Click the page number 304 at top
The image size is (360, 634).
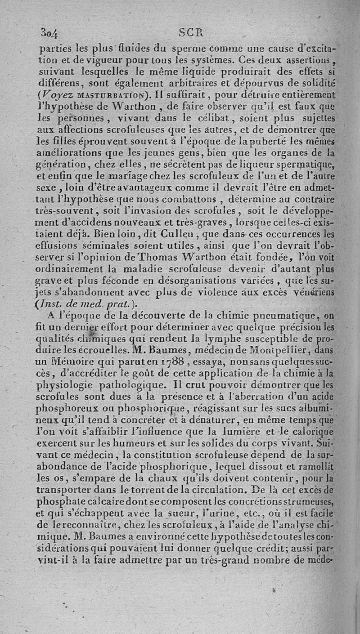coord(52,33)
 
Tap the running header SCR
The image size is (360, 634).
coord(191,32)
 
